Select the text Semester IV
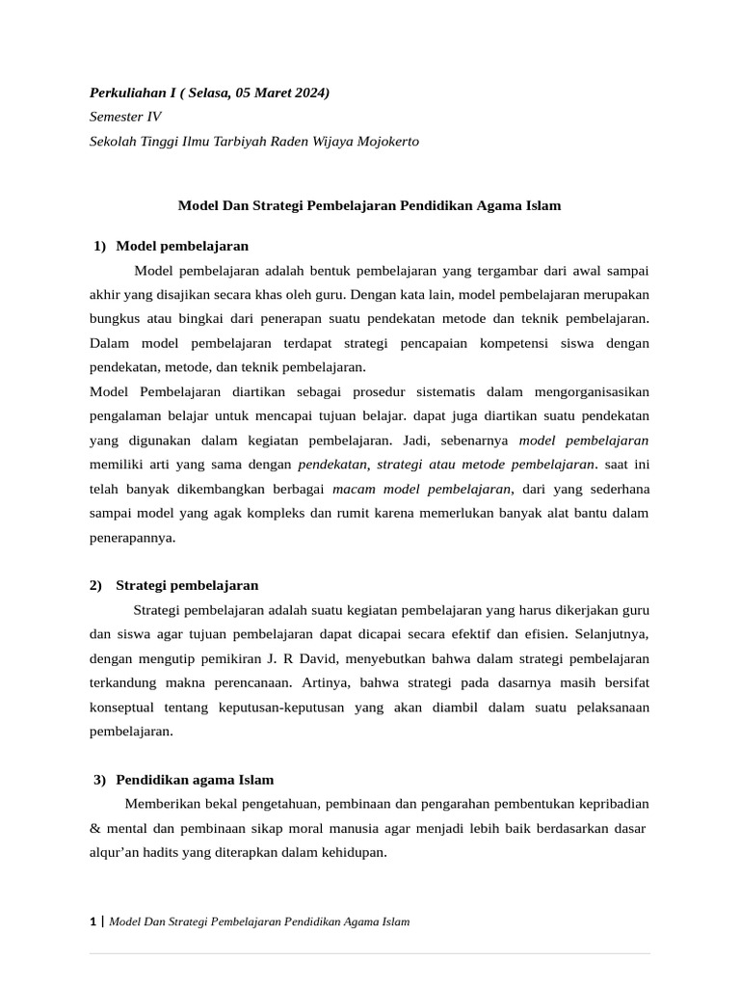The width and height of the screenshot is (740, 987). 125,117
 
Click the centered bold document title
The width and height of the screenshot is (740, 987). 369,205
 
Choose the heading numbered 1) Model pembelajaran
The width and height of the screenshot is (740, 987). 172,246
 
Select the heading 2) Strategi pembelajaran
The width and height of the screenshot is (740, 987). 174,585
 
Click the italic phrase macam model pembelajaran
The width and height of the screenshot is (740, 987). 422,489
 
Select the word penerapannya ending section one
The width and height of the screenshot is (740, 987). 132,538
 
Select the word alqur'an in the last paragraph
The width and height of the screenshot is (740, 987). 116,852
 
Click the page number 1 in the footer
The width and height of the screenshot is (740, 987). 93,921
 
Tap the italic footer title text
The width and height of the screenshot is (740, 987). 259,921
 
